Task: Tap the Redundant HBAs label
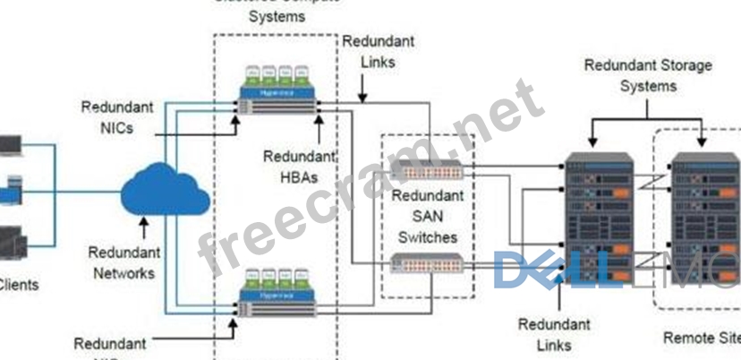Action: point(291,166)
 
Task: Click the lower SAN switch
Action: point(426,262)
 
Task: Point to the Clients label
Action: point(18,285)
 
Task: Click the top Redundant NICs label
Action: point(117,116)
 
